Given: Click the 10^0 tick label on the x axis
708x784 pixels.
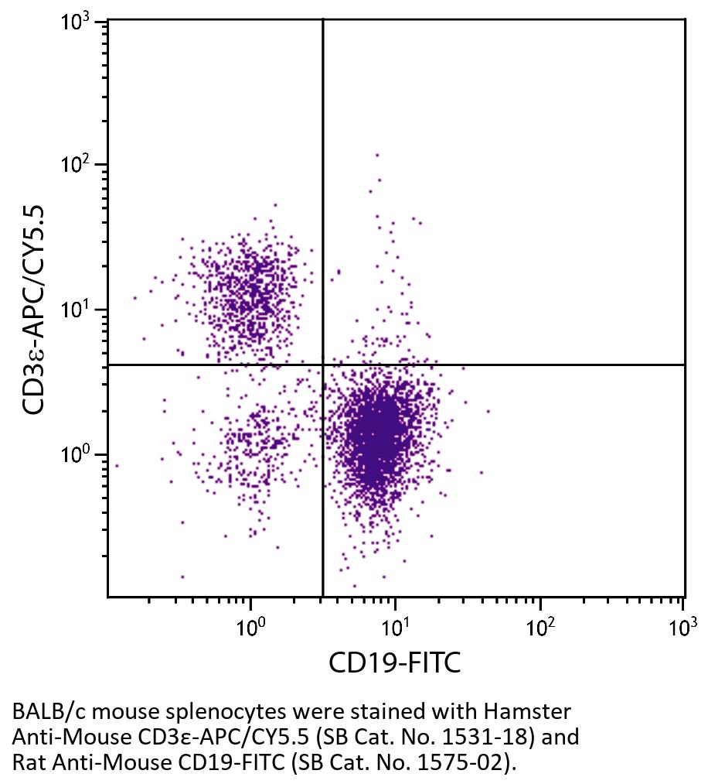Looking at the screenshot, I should (x=250, y=625).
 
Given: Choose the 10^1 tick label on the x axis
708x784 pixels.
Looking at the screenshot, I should (x=394, y=625).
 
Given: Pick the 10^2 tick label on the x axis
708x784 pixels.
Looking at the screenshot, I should (x=540, y=625).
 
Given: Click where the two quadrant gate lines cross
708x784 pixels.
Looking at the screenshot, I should (x=322, y=365).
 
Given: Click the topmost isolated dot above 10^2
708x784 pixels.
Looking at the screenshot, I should (x=377, y=155).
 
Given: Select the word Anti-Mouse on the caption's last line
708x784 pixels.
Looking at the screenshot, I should (x=96, y=762).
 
